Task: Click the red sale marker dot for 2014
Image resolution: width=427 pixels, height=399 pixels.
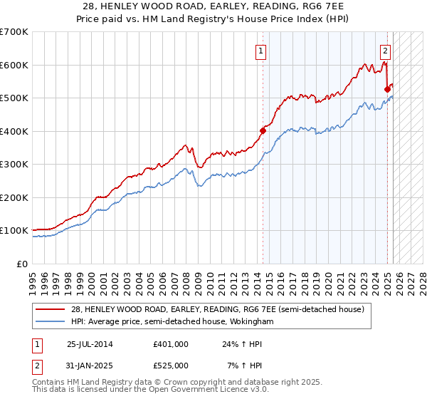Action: point(263,130)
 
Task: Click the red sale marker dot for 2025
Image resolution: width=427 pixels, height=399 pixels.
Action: point(387,89)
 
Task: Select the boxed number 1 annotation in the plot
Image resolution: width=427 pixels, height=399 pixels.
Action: point(261,51)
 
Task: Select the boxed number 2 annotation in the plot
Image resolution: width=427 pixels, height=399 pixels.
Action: point(385,51)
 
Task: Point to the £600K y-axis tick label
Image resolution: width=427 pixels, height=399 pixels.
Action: point(14,65)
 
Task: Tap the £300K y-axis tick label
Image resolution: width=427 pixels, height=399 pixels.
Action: point(14,164)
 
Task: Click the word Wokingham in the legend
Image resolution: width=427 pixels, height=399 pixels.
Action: point(250,322)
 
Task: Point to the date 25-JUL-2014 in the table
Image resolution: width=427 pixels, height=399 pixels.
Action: point(90,343)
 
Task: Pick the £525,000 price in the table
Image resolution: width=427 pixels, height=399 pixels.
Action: point(171,366)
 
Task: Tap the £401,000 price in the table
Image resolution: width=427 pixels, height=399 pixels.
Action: point(171,343)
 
